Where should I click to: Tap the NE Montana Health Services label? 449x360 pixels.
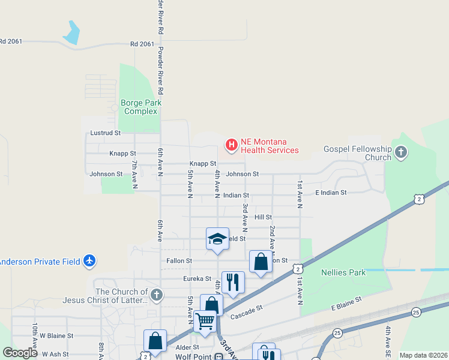point(270,146)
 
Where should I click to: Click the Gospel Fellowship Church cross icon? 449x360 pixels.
point(401,153)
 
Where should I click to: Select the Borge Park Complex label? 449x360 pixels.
point(139,107)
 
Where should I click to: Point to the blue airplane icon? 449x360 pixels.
point(90,261)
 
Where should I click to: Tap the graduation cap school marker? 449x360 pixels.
point(217,239)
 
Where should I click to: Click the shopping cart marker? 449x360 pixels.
point(205,322)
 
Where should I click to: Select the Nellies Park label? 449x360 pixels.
point(343,272)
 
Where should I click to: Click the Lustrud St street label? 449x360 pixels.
point(105,133)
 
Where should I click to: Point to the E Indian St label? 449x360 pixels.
point(331,193)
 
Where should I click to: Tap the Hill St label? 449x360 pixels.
point(263,217)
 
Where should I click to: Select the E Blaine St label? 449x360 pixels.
point(346,304)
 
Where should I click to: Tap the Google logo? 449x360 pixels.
point(20,353)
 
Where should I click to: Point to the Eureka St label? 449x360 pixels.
point(197,279)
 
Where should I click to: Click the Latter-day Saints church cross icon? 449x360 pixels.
point(157,295)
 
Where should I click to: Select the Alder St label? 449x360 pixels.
point(187,347)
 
